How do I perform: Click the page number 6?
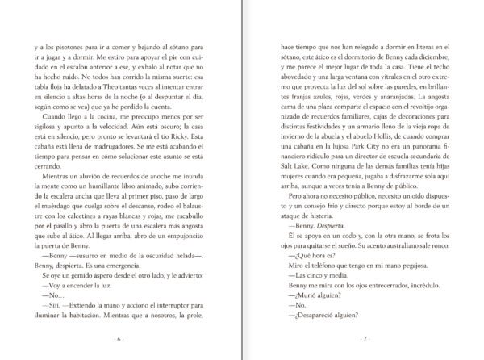click(x=119, y=338)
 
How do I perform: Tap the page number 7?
click(x=365, y=338)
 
